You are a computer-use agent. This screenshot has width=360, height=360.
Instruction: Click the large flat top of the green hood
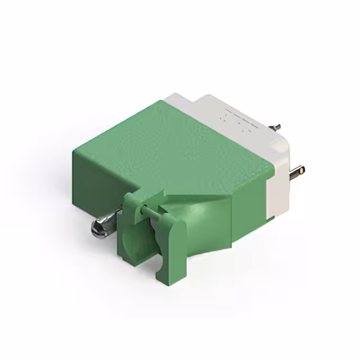tap(169, 141)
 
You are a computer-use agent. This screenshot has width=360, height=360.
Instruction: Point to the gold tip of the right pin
tap(301, 168)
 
